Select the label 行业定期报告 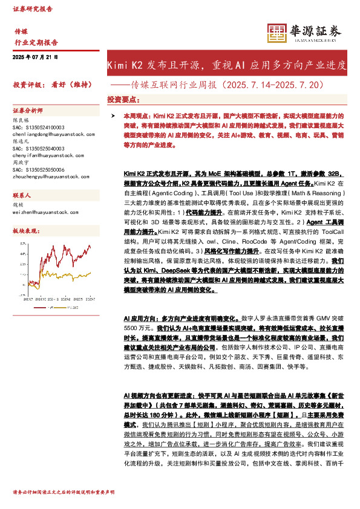36,42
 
